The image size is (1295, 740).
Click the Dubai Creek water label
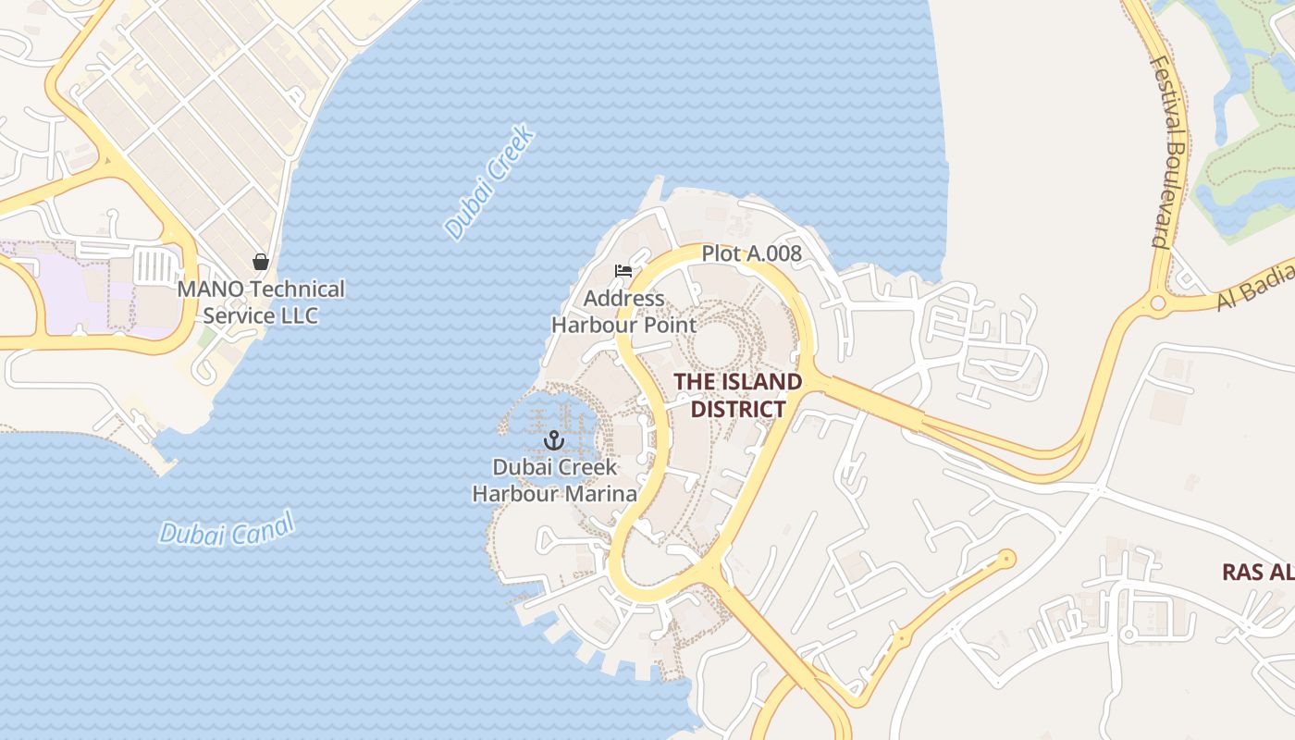489,182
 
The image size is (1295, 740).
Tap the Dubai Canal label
227,529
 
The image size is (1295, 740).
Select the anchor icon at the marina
554,439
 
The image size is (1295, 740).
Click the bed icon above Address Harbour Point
623,271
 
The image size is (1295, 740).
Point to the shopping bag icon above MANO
261,262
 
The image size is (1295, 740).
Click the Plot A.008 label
751,253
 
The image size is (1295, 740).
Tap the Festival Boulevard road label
1169,152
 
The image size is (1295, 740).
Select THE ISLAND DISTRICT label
737,395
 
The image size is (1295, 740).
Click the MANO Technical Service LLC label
261,302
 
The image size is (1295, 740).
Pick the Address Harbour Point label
624,312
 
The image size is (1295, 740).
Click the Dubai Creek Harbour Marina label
554,480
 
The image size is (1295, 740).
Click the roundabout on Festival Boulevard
1157,302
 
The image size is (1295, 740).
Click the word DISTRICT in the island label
738,409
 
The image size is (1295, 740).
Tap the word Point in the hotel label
669,325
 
